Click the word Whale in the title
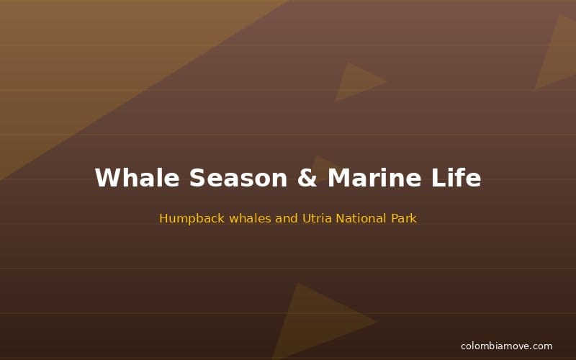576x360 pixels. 137,178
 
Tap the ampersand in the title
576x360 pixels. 307,178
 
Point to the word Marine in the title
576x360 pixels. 375,178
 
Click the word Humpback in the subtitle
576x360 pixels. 192,218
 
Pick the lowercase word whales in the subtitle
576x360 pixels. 251,218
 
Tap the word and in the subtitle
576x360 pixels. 287,218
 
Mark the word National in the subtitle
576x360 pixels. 361,218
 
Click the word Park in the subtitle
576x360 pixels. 402,218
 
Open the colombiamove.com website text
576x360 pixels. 506,346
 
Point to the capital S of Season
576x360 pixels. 197,178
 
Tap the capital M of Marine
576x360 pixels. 340,178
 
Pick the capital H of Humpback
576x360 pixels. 163,218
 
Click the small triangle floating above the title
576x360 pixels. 356,81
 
